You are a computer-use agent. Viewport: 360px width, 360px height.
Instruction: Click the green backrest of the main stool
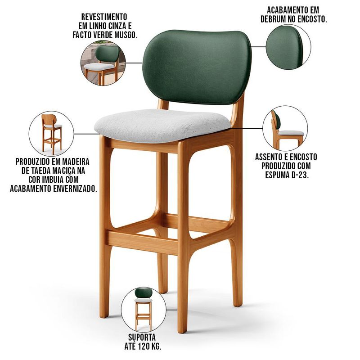coord(197,67)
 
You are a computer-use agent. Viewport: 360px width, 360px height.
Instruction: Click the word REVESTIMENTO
coord(104,17)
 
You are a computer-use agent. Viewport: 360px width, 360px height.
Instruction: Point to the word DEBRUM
coord(273,19)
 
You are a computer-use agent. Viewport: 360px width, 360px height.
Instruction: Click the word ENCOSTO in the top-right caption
coord(312,19)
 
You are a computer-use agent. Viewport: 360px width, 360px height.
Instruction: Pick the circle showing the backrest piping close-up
coord(288,47)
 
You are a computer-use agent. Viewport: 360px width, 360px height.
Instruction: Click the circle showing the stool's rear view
coord(51,134)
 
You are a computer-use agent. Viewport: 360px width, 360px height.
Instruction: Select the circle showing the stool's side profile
coord(285,128)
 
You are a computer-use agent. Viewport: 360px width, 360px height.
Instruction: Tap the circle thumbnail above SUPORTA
coord(144,309)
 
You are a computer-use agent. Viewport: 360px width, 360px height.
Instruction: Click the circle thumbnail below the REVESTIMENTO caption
coord(103,63)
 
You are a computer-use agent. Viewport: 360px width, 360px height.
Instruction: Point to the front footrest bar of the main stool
coord(142,243)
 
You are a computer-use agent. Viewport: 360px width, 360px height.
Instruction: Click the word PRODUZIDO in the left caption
coord(33,162)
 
